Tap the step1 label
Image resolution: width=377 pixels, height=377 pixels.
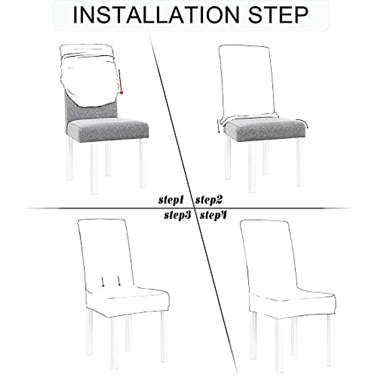171,200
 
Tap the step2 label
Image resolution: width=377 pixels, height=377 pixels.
209,199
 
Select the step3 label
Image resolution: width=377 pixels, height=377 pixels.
178,215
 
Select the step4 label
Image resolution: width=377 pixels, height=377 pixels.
214,215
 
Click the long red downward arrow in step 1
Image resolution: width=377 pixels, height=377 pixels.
121,82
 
